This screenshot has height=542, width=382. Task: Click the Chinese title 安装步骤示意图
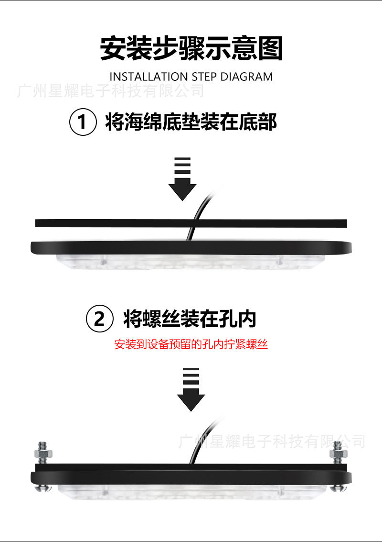coord(191,48)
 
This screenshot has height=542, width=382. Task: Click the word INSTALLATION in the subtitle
coord(149,77)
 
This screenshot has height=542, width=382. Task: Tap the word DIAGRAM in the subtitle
coord(246,77)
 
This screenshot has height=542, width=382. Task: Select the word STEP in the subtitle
coord(204,77)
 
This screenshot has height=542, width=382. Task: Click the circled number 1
coord(83,122)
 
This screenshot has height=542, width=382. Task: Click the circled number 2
coord(99,319)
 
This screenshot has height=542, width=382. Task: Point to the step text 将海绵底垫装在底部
coord(191,122)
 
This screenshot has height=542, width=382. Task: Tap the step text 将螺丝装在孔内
coord(190,318)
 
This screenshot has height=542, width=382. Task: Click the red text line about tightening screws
coord(191,344)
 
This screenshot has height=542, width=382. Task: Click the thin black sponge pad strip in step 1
coord(191,223)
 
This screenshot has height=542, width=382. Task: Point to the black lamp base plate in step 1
coord(191,248)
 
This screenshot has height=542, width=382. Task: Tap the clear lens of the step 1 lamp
coord(191,262)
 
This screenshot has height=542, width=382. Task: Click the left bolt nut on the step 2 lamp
coord(43,453)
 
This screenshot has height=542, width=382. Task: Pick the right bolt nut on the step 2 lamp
coord(338,453)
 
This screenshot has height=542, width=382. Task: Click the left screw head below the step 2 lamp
coord(44,488)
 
